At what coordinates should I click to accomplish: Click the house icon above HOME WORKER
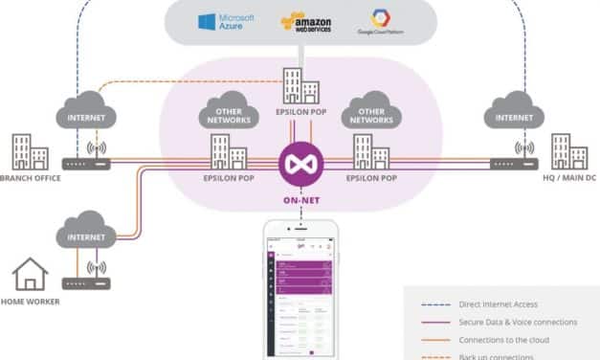[x=30, y=276]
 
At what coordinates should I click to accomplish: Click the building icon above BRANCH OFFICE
[x=30, y=152]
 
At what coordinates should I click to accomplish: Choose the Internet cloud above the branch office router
[x=87, y=114]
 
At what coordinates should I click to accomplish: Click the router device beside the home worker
[x=87, y=283]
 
